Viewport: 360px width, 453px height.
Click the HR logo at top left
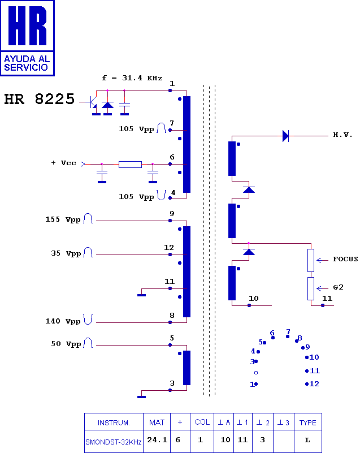tap(28, 38)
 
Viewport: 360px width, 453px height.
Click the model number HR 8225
tap(40, 99)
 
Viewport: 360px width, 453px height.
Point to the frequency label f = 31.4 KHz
tap(132, 78)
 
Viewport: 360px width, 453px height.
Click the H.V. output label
tap(342, 135)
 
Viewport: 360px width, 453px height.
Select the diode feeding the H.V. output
tap(285, 136)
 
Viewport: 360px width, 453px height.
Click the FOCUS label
tap(345, 259)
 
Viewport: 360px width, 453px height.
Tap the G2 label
tap(338, 287)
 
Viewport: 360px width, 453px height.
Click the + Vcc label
tap(64, 163)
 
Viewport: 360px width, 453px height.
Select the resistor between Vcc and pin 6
tap(130, 165)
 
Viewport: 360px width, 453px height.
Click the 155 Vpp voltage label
tap(63, 219)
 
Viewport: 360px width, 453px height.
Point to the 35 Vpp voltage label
tap(66, 253)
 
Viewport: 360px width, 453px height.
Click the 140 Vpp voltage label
tap(63, 321)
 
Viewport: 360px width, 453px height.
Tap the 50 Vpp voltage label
tap(66, 344)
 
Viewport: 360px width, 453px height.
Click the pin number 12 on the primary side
tap(169, 248)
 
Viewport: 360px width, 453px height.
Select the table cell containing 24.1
tap(157, 441)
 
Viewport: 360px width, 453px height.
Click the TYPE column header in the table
tap(308, 422)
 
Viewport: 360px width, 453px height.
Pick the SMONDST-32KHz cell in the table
tap(114, 441)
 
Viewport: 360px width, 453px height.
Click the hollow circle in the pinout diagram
tap(256, 373)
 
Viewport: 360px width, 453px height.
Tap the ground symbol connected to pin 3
tap(141, 396)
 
